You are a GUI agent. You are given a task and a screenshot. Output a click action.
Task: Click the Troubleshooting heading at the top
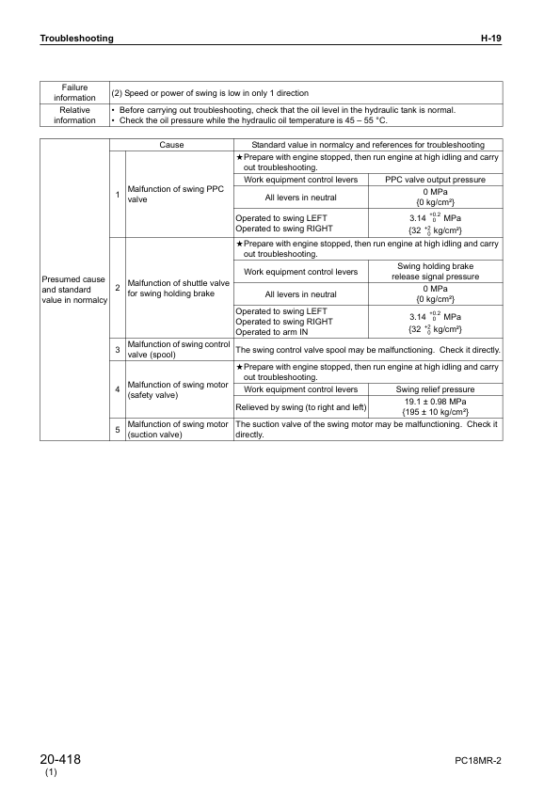pyautogui.click(x=76, y=39)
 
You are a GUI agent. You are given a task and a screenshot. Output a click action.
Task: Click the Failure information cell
pyautogui.click(x=74, y=92)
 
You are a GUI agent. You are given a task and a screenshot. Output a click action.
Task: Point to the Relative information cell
pyautogui.click(x=74, y=115)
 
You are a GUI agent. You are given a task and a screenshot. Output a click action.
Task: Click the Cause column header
pyautogui.click(x=171, y=145)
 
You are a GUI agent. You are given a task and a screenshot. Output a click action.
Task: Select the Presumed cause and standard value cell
pyautogui.click(x=74, y=291)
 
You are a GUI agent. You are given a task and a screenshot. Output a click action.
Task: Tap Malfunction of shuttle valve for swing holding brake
pyautogui.click(x=179, y=289)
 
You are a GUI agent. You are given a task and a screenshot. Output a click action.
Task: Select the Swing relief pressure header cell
pyautogui.click(x=436, y=388)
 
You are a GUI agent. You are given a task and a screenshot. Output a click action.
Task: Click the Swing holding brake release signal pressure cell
pyautogui.click(x=436, y=272)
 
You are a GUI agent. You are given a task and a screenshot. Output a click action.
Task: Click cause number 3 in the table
pyautogui.click(x=118, y=350)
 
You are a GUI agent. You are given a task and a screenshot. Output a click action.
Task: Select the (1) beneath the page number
pyautogui.click(x=51, y=773)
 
